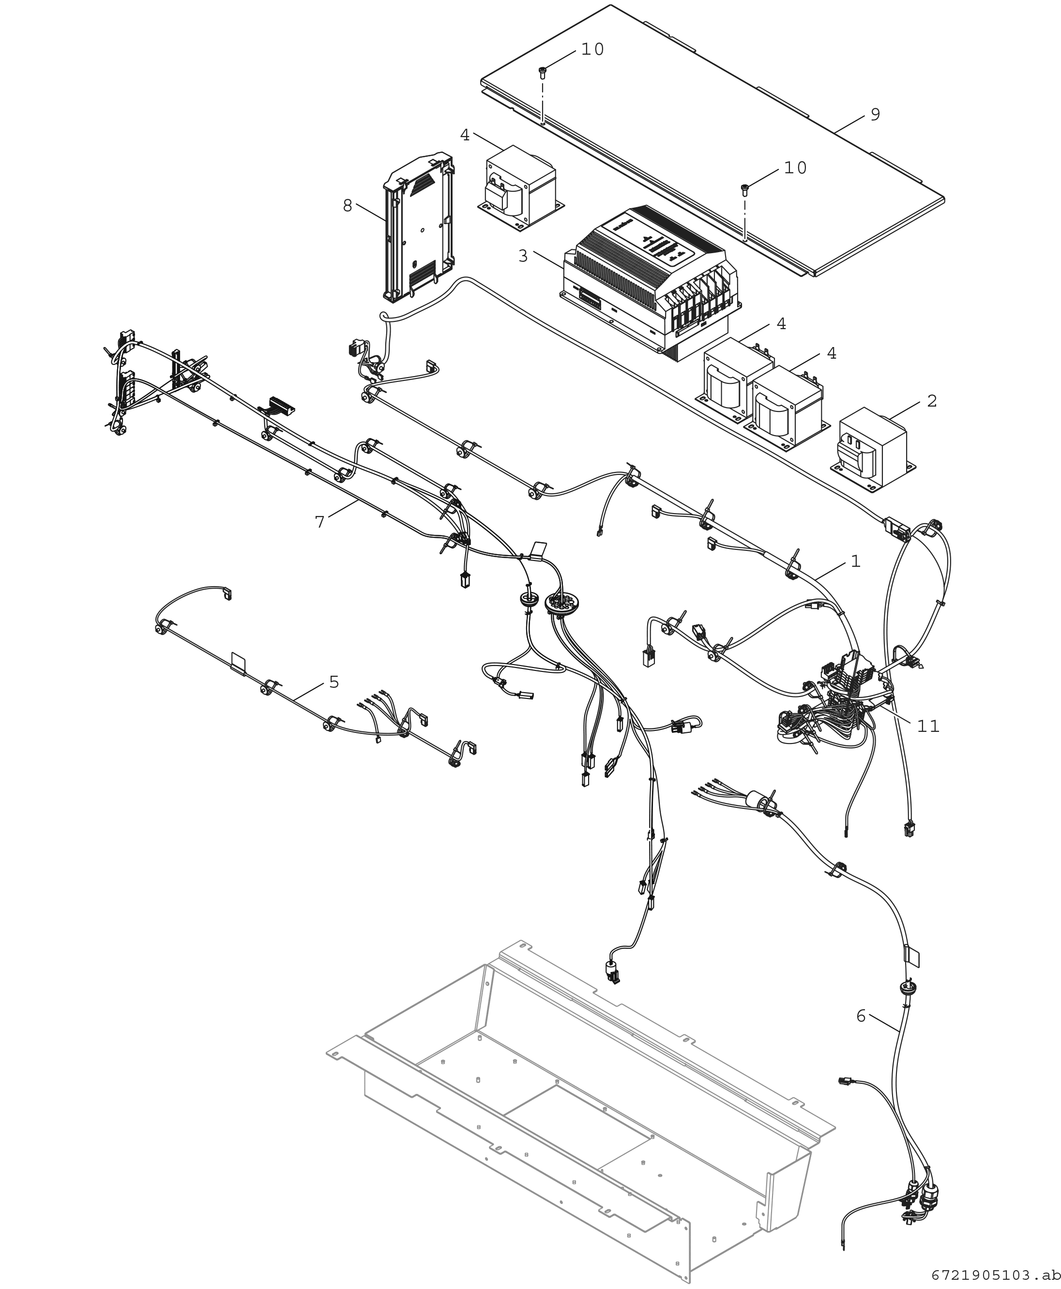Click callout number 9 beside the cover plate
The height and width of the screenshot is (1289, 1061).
click(x=875, y=114)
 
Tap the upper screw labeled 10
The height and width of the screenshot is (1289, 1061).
click(x=542, y=73)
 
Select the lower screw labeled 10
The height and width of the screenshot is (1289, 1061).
click(x=745, y=189)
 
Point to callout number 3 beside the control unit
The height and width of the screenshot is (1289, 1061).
click(x=523, y=256)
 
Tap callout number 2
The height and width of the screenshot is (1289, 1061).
click(x=931, y=401)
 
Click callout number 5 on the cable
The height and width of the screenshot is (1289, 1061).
click(x=333, y=682)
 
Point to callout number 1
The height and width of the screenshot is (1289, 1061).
click(x=856, y=561)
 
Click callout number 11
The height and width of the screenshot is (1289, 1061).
click(x=928, y=726)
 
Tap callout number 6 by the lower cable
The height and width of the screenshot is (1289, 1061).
click(x=861, y=1016)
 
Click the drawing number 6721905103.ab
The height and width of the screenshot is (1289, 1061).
click(x=995, y=1275)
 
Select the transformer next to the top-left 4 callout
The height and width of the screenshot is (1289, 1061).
click(x=519, y=186)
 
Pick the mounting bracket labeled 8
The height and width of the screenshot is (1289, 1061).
click(x=419, y=229)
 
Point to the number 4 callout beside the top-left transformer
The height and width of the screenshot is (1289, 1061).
click(x=465, y=135)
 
